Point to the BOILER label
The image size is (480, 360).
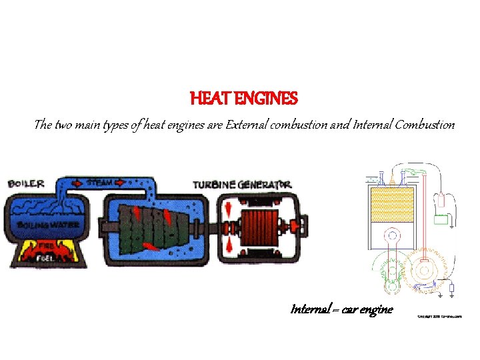coord(27,183)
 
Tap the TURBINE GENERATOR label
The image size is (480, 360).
coord(242,184)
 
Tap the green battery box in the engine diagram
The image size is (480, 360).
coord(441,219)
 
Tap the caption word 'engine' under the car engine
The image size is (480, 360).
coord(377,309)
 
